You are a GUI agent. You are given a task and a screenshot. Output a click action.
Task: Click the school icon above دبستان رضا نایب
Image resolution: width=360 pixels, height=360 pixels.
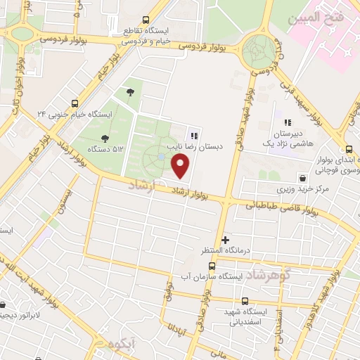pos(194,136)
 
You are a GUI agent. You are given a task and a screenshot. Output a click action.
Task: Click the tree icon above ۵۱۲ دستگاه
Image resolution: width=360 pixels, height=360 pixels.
pos(105,139)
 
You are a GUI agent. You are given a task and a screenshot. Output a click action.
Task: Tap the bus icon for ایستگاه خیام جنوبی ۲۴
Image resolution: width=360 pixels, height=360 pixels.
pos(75,103)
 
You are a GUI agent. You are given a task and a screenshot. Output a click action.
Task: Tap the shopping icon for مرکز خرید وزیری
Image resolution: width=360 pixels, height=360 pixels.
pos(301,177)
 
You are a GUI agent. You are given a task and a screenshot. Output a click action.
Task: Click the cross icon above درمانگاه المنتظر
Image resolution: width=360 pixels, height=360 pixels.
pos(225,240)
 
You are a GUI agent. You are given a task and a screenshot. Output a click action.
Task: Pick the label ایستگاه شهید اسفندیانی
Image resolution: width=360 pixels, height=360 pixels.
pos(250,317)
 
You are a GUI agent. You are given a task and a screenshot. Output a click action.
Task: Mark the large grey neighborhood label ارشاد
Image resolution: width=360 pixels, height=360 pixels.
pos(143,184)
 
